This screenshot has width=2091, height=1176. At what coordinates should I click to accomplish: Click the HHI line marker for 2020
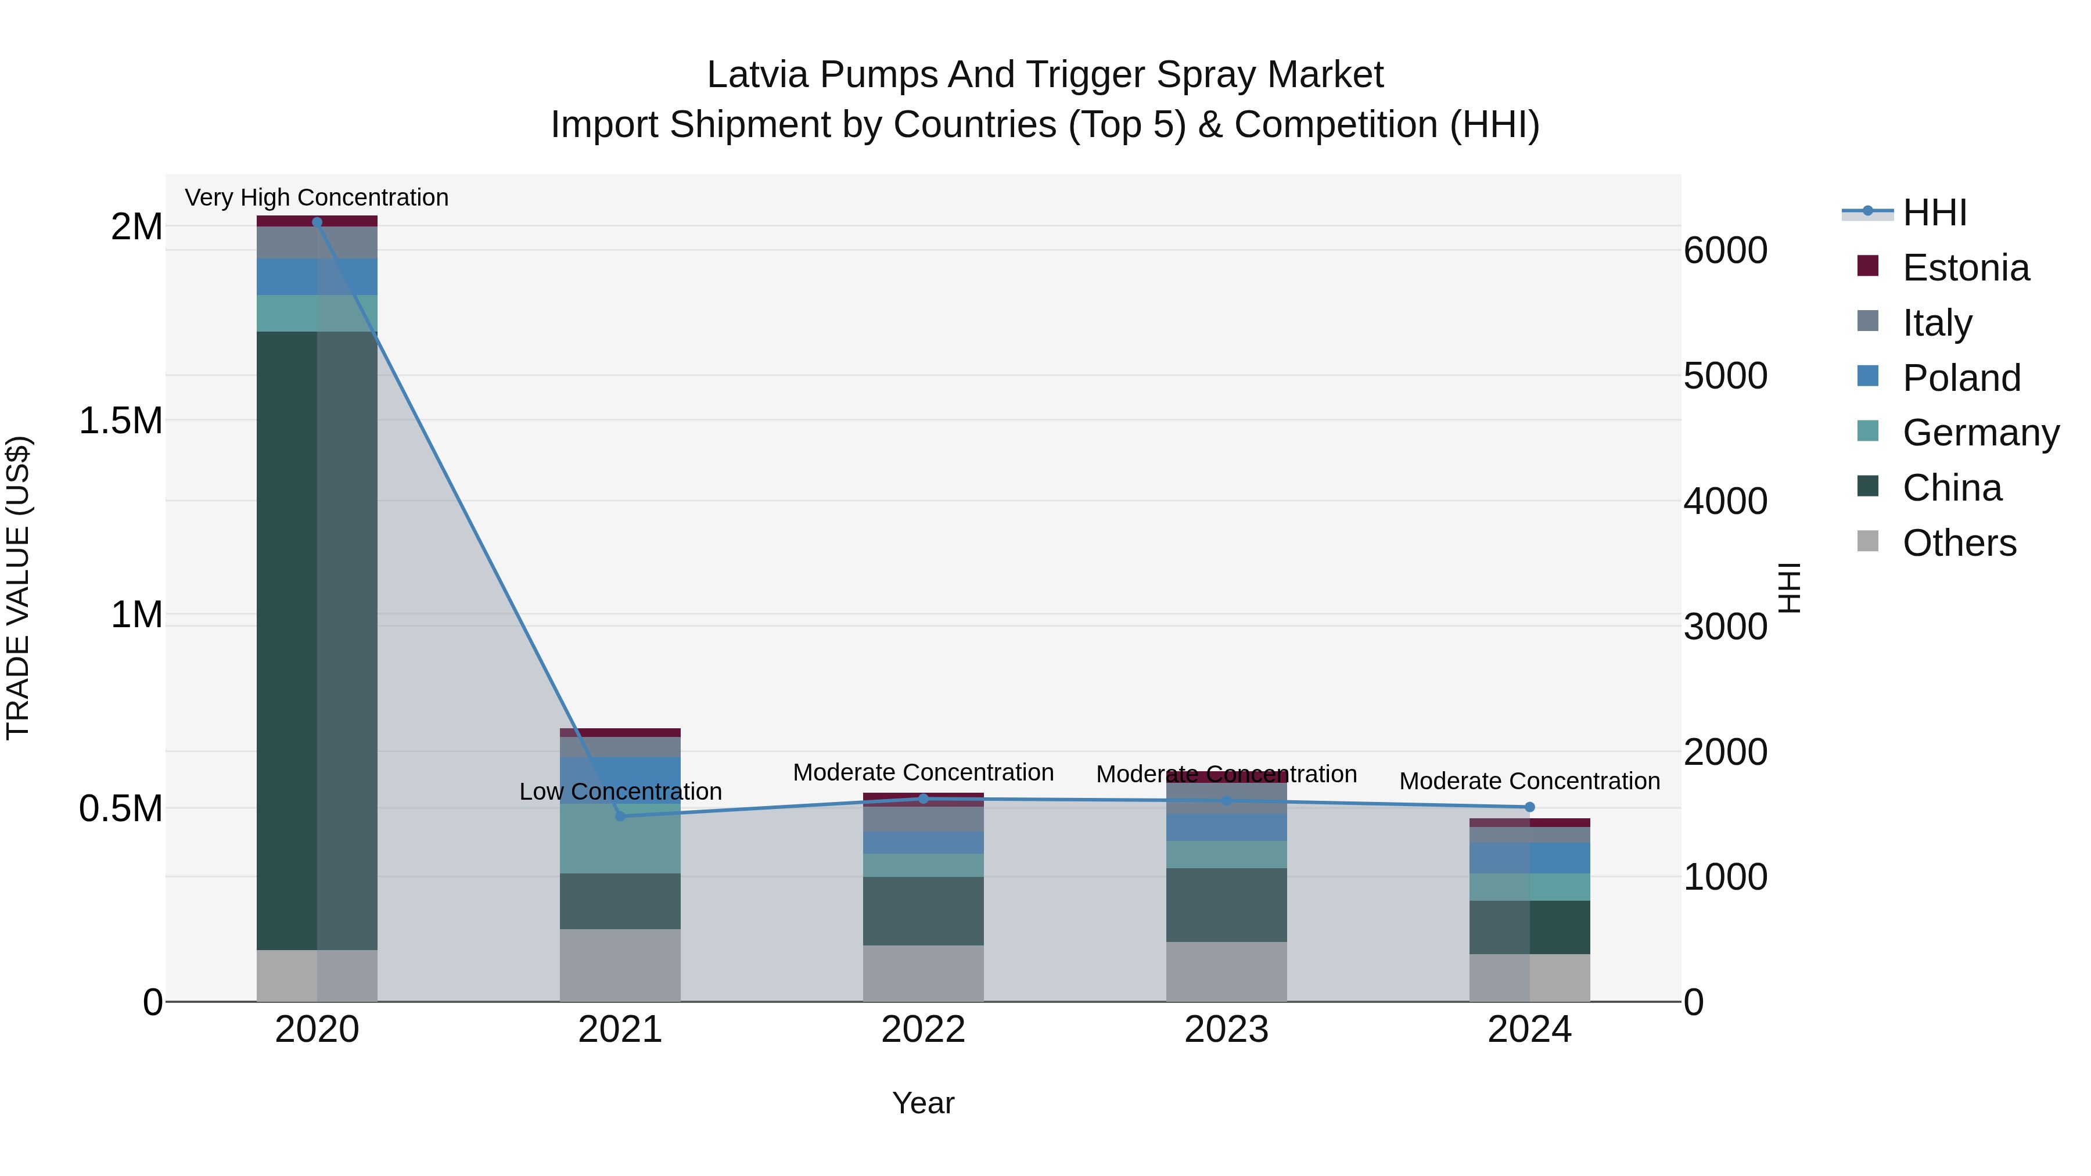[x=317, y=222]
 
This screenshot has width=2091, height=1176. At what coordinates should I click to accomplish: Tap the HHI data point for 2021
[x=620, y=816]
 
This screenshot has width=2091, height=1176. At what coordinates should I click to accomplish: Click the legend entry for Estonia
[x=1964, y=268]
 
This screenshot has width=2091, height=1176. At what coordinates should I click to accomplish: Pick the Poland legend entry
[x=1960, y=378]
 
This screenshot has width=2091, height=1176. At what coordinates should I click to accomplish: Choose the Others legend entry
[x=1958, y=543]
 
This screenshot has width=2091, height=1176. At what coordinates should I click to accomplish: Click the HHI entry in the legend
[x=1934, y=213]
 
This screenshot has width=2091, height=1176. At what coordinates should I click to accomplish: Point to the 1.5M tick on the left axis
[x=120, y=420]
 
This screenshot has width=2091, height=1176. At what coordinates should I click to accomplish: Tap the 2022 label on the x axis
[x=923, y=1029]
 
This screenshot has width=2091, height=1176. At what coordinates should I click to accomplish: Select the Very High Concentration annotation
[x=317, y=197]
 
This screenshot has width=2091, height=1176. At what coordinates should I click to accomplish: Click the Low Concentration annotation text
[x=620, y=792]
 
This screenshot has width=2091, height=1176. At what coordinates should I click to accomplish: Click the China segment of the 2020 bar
[x=317, y=641]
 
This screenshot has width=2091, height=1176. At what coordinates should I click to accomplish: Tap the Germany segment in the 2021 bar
[x=620, y=840]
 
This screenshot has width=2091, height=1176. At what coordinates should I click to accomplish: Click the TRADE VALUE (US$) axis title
[x=18, y=588]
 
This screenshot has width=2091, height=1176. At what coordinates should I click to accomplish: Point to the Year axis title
[x=923, y=1103]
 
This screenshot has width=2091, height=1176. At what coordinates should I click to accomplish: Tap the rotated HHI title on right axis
[x=1789, y=588]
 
